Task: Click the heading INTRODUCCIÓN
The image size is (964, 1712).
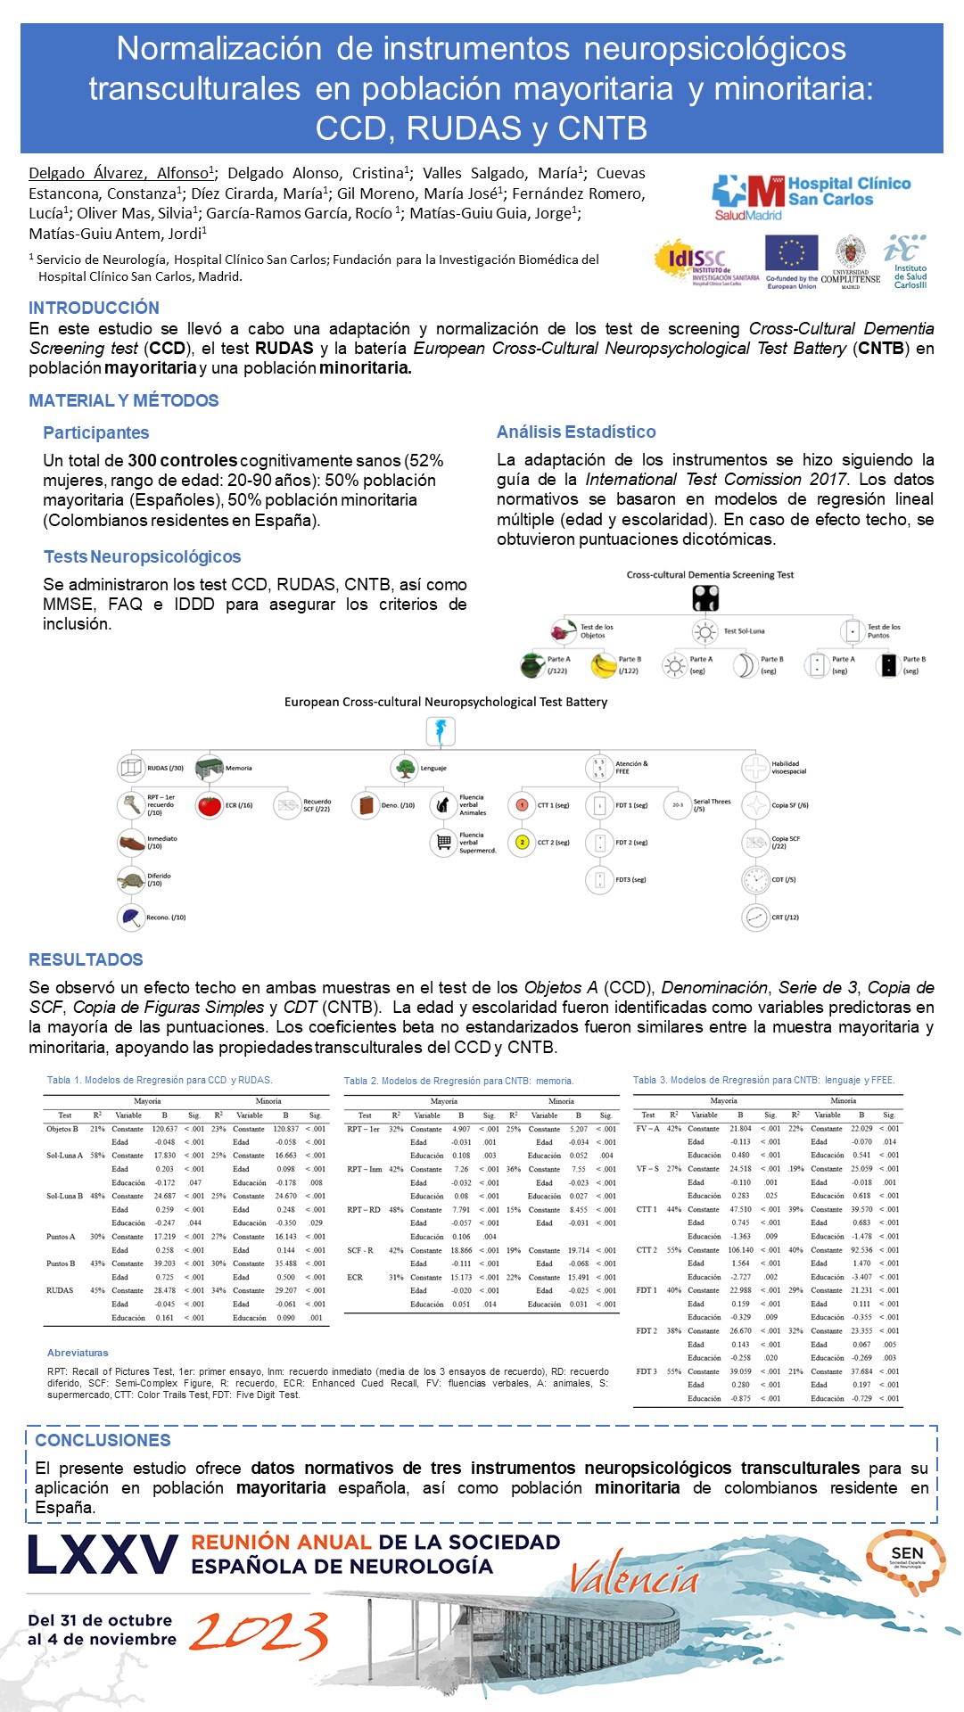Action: coord(94,308)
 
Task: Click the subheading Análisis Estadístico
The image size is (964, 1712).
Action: coord(576,432)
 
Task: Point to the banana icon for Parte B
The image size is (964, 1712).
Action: coord(605,665)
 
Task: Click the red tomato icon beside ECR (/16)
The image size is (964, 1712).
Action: coord(209,805)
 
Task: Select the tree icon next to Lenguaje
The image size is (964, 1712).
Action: coord(405,768)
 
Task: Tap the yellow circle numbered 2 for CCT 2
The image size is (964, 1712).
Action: coord(522,842)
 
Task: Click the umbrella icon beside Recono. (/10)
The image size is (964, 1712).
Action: coord(131,917)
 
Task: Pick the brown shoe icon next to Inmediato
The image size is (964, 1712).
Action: coord(131,842)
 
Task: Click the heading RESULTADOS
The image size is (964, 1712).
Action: coord(86,959)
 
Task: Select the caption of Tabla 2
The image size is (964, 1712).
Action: coord(458,1081)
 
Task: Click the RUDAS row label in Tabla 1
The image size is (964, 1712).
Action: coord(60,1290)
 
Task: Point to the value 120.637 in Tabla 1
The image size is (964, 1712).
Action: coord(164,1129)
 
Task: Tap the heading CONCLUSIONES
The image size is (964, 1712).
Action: coord(103,1440)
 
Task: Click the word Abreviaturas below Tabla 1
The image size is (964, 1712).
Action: coord(78,1353)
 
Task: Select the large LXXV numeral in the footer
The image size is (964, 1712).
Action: coord(103,1555)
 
